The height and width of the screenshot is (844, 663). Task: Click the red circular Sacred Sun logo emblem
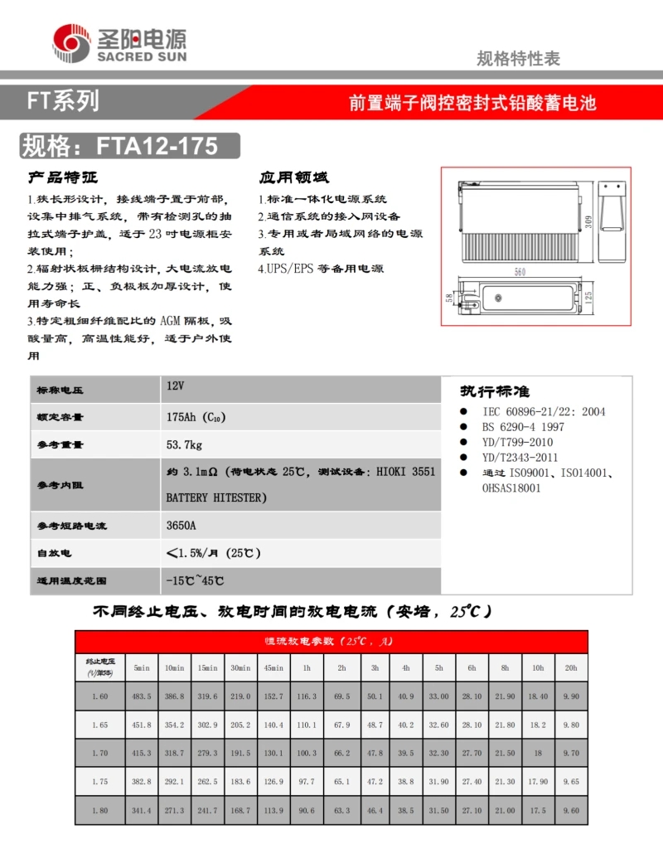72,42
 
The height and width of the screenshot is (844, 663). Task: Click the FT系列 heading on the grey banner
62,102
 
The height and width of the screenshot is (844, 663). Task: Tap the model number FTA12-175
157,146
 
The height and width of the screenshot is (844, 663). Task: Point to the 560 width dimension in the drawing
520,272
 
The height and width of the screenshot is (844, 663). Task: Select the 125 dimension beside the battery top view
588,298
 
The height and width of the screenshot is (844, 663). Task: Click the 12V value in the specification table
175,386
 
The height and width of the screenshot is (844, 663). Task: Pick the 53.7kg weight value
184,445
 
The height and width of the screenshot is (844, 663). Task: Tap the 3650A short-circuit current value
181,526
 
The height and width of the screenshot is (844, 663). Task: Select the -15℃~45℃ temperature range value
195,581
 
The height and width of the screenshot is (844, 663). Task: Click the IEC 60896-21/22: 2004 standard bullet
543,411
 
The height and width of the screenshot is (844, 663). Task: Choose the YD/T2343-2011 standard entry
520,457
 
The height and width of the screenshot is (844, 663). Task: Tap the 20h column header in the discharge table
570,667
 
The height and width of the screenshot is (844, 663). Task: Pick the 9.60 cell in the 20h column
570,811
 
